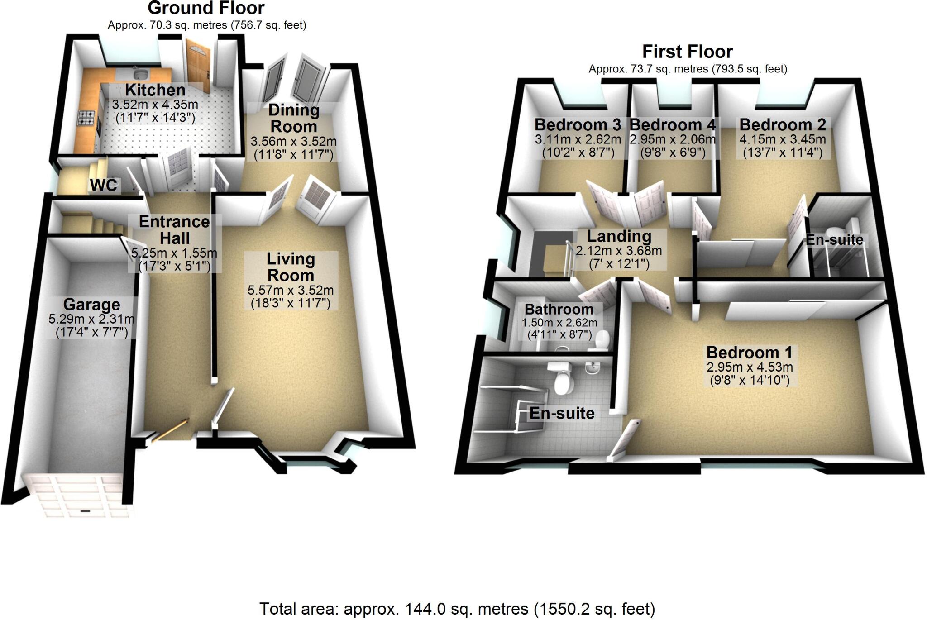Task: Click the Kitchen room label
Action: click(155, 90)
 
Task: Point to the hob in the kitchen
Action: click(86, 119)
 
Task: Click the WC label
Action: click(104, 185)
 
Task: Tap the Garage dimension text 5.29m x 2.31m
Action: click(91, 319)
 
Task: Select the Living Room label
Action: click(291, 267)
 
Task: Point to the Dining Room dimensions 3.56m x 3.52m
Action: click(293, 141)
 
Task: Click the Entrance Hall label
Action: click(174, 230)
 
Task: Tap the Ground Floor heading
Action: click(206, 8)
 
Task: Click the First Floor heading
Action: click(687, 52)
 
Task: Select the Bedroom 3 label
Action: click(577, 124)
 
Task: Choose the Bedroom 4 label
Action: click(673, 124)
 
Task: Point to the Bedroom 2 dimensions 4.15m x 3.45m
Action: click(783, 139)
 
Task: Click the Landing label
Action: click(619, 236)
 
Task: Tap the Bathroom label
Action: click(559, 309)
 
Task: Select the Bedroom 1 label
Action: click(749, 352)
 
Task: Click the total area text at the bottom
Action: click(457, 609)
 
